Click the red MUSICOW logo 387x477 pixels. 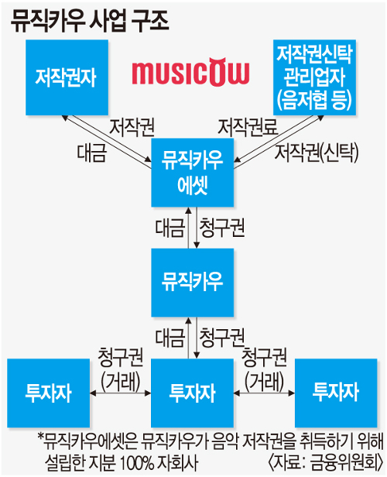[x=190, y=72]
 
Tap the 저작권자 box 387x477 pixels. [x=67, y=77]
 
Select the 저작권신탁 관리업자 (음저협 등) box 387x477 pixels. [x=314, y=77]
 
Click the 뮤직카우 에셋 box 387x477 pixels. [x=193, y=173]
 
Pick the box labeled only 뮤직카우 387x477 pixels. [x=193, y=283]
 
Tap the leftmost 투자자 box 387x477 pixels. [x=49, y=393]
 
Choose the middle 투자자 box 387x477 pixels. [x=193, y=393]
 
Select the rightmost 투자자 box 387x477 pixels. [x=336, y=393]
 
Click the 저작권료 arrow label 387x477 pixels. [x=248, y=127]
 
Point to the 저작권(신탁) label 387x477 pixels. [x=317, y=152]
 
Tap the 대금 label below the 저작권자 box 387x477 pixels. [x=92, y=153]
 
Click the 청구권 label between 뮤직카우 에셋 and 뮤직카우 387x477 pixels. [x=222, y=228]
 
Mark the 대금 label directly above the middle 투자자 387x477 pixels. [x=170, y=338]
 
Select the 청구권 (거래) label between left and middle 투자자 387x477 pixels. [x=121, y=369]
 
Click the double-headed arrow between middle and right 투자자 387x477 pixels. [x=264, y=393]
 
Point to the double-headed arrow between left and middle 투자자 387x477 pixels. [x=121, y=393]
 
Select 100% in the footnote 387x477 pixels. [x=137, y=463]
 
